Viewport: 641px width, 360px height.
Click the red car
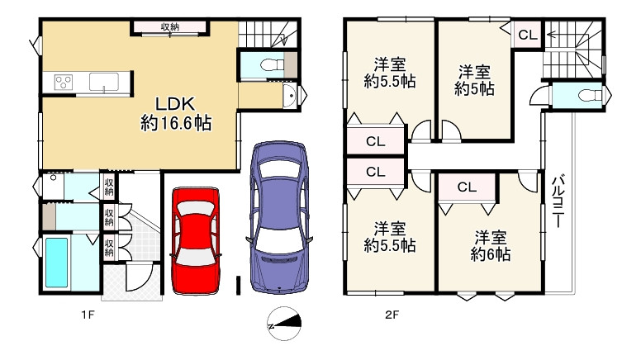[x=196, y=240]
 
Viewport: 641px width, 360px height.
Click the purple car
[x=278, y=217]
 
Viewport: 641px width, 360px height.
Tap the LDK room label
[x=176, y=114]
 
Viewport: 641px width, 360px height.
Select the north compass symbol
[x=284, y=323]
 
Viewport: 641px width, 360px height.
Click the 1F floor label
[x=88, y=315]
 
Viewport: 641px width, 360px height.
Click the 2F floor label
[x=392, y=315]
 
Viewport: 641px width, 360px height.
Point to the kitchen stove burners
[x=64, y=82]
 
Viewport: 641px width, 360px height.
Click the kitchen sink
[x=104, y=82]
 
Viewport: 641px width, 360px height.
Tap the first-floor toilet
[x=273, y=64]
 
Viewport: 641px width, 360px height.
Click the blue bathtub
[x=56, y=263]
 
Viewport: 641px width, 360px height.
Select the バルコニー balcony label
[x=558, y=201]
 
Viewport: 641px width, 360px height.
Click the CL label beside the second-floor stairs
[x=527, y=36]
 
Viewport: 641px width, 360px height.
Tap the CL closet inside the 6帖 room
[x=467, y=187]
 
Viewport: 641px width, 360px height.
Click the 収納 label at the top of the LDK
[x=169, y=27]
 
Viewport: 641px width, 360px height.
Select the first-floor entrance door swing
[x=140, y=277]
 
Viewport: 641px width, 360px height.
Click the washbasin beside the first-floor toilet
[x=289, y=97]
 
